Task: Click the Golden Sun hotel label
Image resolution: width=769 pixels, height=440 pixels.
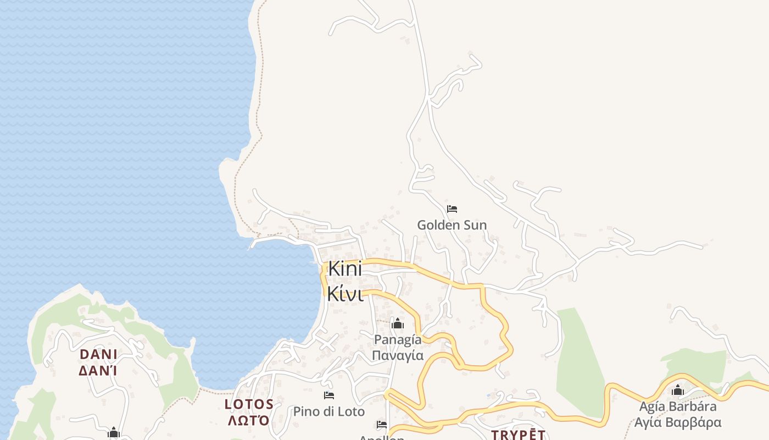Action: point(452,225)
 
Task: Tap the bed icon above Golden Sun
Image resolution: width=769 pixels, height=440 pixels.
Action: point(452,209)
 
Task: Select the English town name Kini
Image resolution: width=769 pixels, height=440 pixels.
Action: point(345,269)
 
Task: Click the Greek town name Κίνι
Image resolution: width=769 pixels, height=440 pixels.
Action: point(345,294)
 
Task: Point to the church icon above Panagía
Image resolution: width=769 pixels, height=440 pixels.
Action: point(397,323)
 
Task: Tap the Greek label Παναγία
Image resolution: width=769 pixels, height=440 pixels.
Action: point(398,355)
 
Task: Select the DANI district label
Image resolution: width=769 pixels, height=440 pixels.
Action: point(99,354)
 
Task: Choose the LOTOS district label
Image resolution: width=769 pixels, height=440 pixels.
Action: point(249,404)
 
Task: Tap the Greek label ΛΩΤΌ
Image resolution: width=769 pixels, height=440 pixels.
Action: point(249,421)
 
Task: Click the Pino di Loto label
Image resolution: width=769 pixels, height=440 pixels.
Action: point(328,411)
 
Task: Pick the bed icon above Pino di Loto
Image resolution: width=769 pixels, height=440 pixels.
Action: point(329,395)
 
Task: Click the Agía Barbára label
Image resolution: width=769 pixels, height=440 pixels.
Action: point(678,406)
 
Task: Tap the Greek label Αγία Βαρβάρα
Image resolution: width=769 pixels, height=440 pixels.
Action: point(678,422)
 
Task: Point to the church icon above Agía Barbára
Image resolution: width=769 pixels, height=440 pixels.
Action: point(678,391)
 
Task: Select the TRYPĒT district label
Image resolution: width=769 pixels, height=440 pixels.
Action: point(518,435)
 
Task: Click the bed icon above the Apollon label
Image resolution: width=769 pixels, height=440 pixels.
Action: point(382,425)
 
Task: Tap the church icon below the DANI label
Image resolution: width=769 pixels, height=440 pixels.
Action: point(114,433)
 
